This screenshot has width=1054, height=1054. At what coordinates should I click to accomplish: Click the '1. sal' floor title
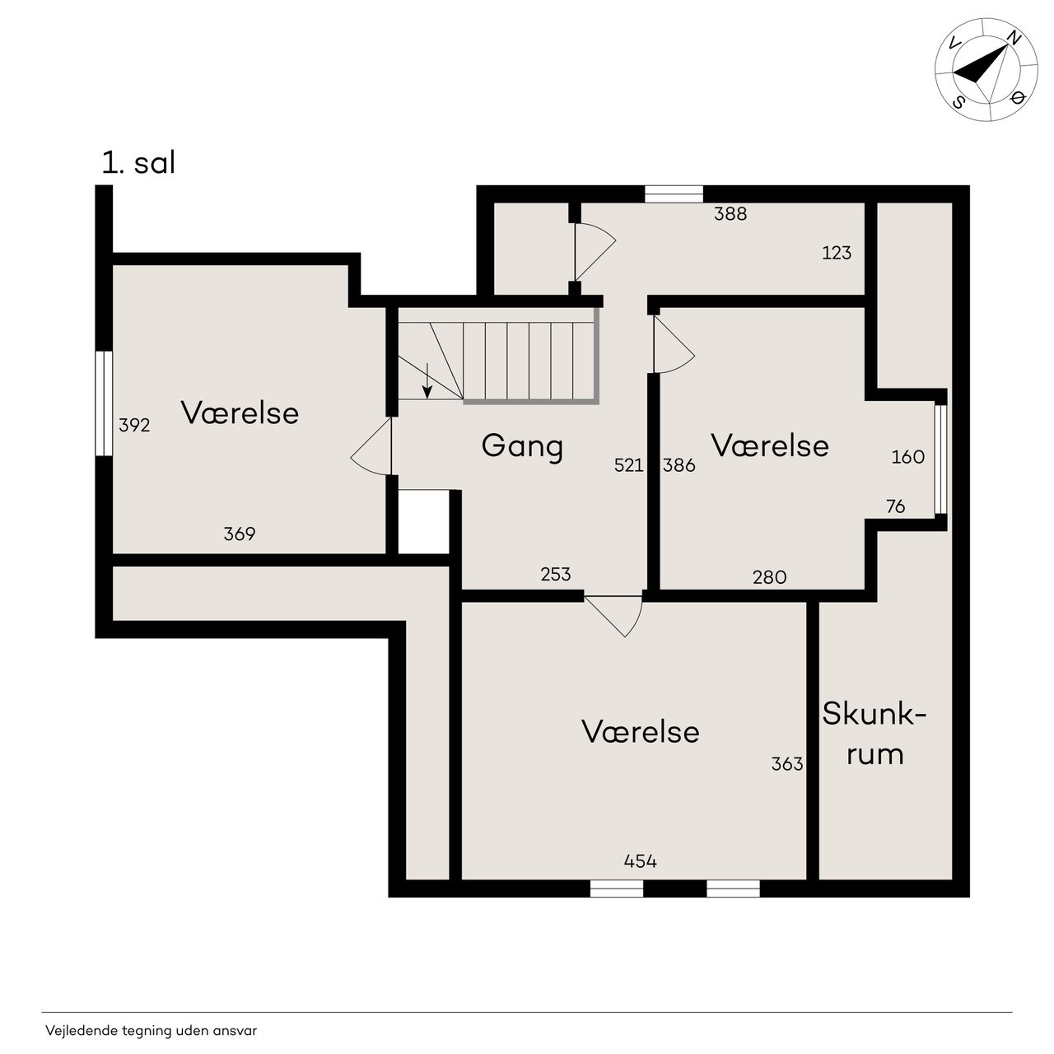(139, 163)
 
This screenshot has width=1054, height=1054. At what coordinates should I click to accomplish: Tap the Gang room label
(522, 447)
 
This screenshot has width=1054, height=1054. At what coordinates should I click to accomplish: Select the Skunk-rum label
(874, 735)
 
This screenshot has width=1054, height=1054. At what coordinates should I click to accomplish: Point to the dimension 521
(628, 465)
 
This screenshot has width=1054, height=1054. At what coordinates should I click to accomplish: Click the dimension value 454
(640, 861)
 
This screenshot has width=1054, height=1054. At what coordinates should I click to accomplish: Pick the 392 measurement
(134, 425)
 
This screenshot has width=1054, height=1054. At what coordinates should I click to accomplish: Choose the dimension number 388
(730, 214)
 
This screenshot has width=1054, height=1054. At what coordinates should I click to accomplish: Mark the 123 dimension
(837, 253)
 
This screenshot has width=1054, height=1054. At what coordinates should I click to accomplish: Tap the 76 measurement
(895, 506)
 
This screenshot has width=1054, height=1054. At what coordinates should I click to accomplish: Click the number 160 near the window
(908, 457)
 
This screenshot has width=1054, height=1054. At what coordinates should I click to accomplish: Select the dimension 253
(556, 574)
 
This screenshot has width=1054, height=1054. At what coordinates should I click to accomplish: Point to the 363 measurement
(787, 763)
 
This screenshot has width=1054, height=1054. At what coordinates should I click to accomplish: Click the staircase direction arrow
(427, 380)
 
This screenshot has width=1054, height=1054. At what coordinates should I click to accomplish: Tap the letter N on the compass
(1014, 38)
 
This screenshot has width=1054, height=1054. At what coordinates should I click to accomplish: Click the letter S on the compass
(958, 102)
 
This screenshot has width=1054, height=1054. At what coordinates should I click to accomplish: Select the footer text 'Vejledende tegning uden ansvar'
(151, 1030)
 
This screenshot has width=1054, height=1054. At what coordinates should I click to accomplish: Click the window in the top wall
(674, 194)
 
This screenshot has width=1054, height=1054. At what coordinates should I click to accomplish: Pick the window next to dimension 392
(104, 403)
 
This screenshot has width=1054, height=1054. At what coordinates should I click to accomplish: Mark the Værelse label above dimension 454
(641, 732)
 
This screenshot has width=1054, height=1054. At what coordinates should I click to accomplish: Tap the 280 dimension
(770, 577)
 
